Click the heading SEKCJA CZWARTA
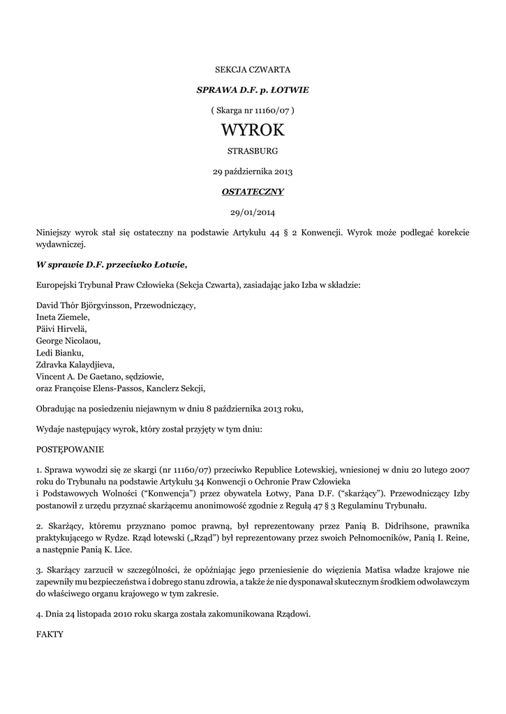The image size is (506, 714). pos(253,70)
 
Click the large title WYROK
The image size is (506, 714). pos(253,130)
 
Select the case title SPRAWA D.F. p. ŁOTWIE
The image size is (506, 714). pos(253,91)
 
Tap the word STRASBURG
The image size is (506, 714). pos(253,151)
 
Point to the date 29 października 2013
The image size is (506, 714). pos(253,171)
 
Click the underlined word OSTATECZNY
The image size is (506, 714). pos(253,191)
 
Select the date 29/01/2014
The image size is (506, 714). pos(253,211)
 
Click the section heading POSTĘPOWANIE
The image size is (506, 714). pos(70,450)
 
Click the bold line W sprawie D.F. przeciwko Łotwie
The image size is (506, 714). pos(112,264)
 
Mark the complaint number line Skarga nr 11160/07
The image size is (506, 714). pos(253,110)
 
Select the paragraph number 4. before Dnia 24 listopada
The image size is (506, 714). pos(39,614)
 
